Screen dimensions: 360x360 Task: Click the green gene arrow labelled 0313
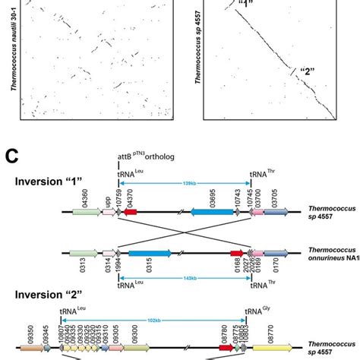[x=83, y=252]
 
